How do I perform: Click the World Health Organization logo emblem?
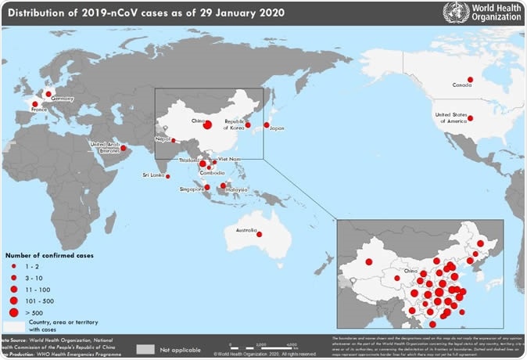point(455,13)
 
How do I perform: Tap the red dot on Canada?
point(470,79)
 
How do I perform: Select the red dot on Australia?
point(259,234)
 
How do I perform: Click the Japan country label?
point(277,129)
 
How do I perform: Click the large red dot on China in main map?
point(207,124)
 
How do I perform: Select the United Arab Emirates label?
point(105,147)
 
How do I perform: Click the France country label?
point(39,110)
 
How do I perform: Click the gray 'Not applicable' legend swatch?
point(146,348)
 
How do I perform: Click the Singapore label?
point(192,188)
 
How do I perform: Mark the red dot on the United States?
point(470,118)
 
